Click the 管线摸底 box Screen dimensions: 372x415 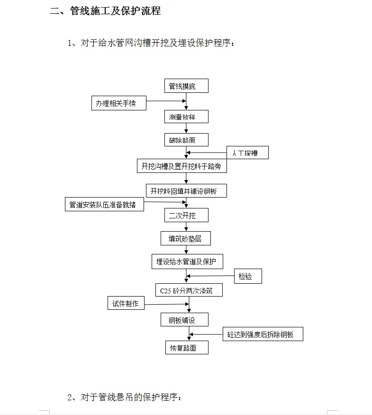(186, 86)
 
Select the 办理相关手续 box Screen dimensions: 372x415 (119, 103)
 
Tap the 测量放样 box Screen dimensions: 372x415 (186, 117)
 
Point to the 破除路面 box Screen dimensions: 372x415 (186, 140)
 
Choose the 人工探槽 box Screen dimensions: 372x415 (247, 153)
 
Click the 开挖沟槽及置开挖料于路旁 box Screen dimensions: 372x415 (182, 166)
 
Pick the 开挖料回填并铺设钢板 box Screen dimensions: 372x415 (186, 190)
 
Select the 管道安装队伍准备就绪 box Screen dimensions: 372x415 (105, 204)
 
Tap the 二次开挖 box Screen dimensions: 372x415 (186, 215)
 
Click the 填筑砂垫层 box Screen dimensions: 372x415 (186, 238)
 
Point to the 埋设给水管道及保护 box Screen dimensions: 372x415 (188, 262)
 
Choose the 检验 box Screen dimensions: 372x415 (248, 276)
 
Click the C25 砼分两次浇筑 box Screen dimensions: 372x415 (189, 290)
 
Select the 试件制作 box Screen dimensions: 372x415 (126, 303)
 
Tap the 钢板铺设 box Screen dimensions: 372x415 (184, 320)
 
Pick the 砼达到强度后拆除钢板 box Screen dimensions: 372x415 (263, 334)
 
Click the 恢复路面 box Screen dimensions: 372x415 (187, 348)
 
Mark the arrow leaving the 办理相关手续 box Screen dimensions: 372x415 (166, 101)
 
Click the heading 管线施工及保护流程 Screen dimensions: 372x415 (116, 11)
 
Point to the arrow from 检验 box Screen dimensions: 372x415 (210, 276)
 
